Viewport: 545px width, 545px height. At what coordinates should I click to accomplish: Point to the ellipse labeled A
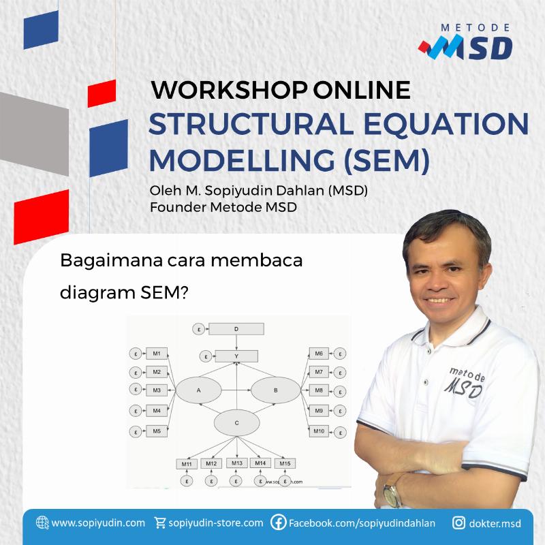[x=198, y=390]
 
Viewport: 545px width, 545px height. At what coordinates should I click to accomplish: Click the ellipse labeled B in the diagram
[x=275, y=390]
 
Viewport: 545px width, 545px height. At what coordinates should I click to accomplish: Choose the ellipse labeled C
[x=236, y=423]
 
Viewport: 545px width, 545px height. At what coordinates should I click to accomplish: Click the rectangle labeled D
[x=236, y=330]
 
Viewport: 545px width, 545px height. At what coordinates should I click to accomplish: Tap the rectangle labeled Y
[x=236, y=356]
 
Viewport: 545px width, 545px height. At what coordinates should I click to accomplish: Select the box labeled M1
[x=156, y=354]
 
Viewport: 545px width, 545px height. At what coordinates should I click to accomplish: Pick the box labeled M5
[x=156, y=431]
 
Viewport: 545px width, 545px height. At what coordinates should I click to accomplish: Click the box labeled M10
[x=319, y=431]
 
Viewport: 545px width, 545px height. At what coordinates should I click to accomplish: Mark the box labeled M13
[x=236, y=463]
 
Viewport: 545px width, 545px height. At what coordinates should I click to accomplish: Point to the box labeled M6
[x=319, y=354]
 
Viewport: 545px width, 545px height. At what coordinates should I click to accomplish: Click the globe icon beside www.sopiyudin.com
[x=42, y=523]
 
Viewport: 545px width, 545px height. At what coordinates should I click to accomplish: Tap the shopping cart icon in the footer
[x=160, y=523]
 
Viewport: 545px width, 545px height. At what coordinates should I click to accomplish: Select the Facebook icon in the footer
[x=278, y=523]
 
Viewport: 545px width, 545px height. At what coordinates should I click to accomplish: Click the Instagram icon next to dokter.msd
[x=458, y=523]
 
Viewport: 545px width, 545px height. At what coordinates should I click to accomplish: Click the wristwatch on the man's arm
[x=392, y=490]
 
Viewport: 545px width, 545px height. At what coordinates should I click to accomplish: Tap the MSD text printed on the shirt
[x=465, y=387]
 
